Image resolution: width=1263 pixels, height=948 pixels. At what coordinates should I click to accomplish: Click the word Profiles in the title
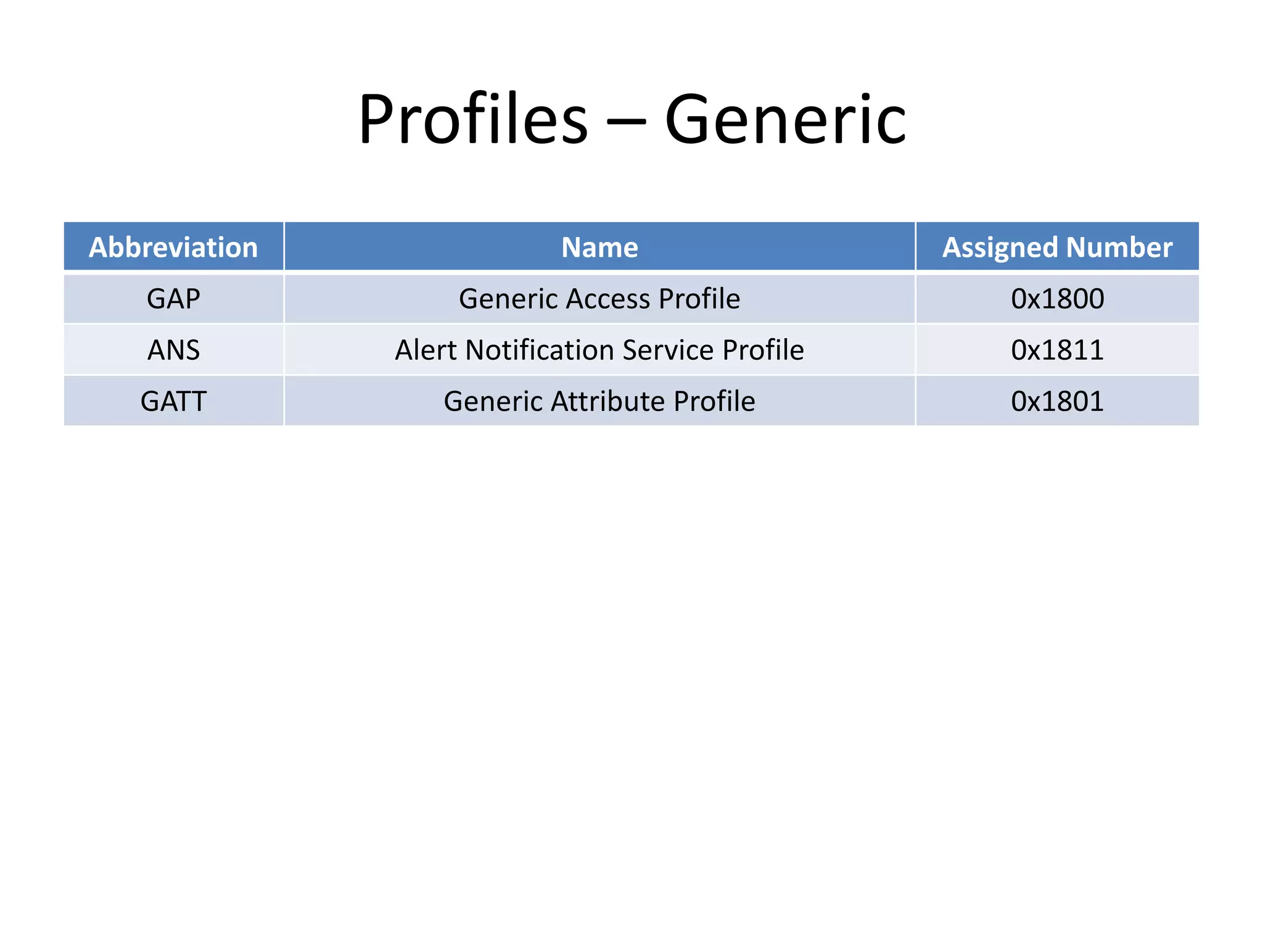pos(473,119)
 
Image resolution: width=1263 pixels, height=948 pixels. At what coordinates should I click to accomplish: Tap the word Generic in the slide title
pos(785,119)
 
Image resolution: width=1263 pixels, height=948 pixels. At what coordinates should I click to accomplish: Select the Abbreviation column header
pos(173,247)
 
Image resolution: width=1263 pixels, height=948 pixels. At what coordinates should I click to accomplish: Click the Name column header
pos(599,247)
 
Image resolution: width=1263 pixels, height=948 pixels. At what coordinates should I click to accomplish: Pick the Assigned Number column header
pos(1057,247)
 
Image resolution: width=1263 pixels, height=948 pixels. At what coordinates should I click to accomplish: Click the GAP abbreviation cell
pos(173,299)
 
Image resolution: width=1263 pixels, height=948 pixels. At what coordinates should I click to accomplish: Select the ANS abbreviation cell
pos(173,350)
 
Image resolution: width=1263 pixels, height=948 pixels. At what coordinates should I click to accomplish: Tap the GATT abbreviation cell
pos(173,401)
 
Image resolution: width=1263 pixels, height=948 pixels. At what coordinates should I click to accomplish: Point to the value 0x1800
pos(1057,299)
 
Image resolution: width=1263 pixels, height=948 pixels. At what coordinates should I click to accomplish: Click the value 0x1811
pos(1057,350)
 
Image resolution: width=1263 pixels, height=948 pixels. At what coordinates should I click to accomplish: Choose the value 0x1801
pos(1057,401)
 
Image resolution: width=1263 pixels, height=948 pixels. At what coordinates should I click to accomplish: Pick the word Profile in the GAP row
pos(699,299)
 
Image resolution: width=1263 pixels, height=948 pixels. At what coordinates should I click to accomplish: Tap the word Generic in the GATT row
pos(493,401)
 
